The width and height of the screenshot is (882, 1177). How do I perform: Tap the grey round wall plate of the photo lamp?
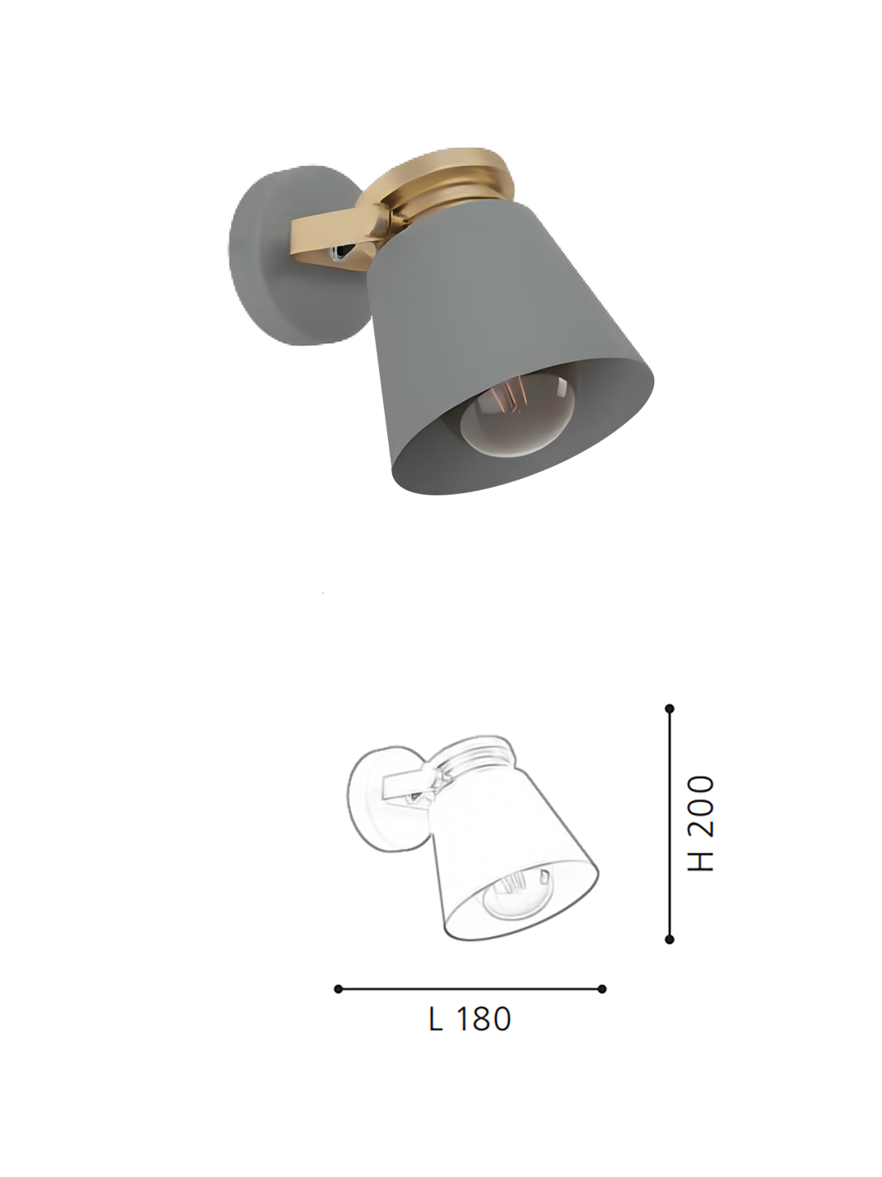pyautogui.click(x=269, y=262)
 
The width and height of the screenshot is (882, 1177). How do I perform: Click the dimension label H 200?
pyautogui.click(x=701, y=823)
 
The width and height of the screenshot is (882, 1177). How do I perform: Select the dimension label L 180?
pyautogui.click(x=470, y=1019)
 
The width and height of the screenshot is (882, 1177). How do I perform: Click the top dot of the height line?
pyautogui.click(x=670, y=709)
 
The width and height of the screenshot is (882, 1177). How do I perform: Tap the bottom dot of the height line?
pyautogui.click(x=670, y=940)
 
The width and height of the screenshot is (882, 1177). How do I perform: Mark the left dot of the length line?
pyautogui.click(x=338, y=989)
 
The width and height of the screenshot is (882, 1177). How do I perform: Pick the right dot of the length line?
pyautogui.click(x=602, y=989)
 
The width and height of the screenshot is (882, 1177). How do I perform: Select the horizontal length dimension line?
pyautogui.click(x=470, y=989)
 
